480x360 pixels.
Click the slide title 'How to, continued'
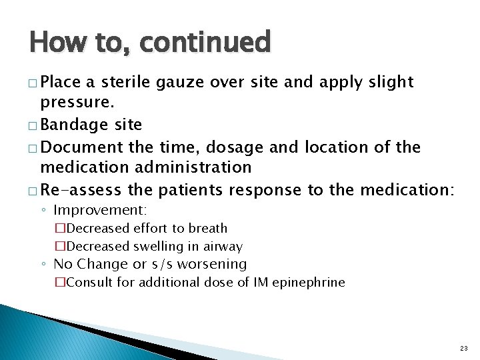(150, 43)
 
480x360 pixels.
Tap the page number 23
(463, 348)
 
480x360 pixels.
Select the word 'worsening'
(213, 264)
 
